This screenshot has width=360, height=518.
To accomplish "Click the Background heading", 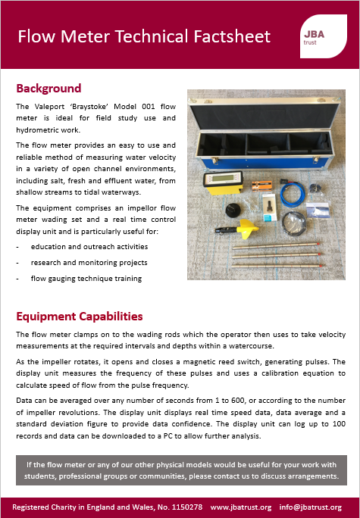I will [x=49, y=89].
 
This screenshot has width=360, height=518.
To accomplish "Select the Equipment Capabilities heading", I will [x=80, y=316].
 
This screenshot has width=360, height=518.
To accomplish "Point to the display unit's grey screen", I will [x=215, y=179].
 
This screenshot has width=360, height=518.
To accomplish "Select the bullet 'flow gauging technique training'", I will [x=86, y=278].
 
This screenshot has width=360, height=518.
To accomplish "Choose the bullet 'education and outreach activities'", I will [x=89, y=247].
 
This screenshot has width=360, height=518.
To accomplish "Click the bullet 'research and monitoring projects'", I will [x=89, y=263].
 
